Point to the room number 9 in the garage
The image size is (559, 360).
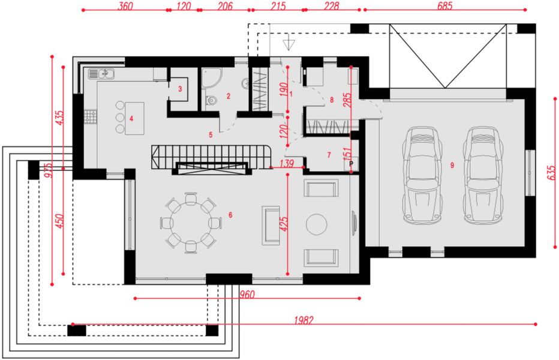click(x=453, y=164)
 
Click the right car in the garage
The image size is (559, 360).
click(x=483, y=174)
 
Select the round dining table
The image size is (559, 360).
click(x=191, y=222)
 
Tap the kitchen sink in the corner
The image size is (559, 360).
click(x=103, y=74)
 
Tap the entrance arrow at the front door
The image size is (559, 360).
click(x=290, y=44)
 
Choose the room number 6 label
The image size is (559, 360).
click(x=230, y=214)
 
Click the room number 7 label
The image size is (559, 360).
click(x=329, y=155)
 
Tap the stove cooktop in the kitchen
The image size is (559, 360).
click(x=91, y=115)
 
